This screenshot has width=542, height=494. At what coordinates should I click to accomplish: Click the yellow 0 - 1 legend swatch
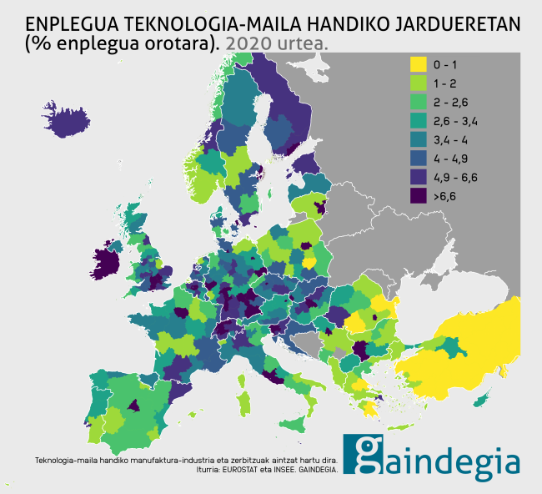(417, 63)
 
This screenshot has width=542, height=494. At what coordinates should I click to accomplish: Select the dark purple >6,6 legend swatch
(417, 196)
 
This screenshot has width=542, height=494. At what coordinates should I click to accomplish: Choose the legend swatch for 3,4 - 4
(417, 139)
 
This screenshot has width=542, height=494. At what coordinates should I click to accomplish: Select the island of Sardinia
(243, 403)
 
